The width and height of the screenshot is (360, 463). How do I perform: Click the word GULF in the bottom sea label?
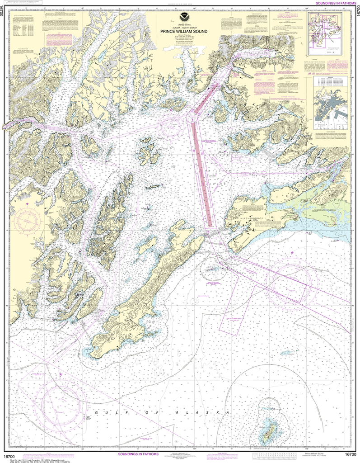(x=107, y=413)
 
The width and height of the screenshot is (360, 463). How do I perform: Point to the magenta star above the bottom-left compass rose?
(x=61, y=374)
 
